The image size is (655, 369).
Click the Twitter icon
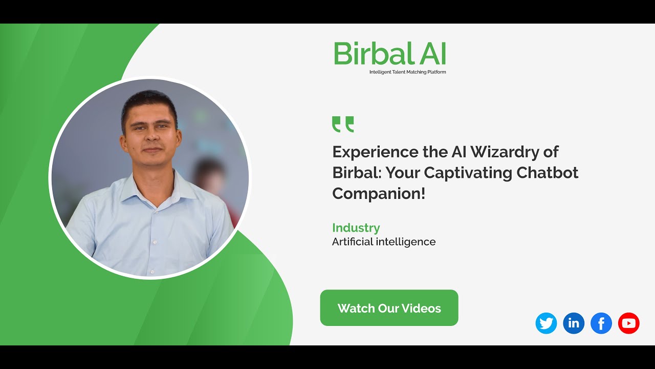pyautogui.click(x=546, y=323)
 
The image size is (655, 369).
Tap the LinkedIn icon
pyautogui.click(x=574, y=323)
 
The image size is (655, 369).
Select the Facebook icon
pyautogui.click(x=601, y=323)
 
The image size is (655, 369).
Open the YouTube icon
pyautogui.click(x=629, y=323)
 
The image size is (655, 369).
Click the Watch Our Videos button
pyautogui.click(x=389, y=308)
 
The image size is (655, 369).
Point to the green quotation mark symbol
pyautogui.click(x=343, y=124)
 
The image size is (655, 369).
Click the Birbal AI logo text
pyautogui.click(x=390, y=53)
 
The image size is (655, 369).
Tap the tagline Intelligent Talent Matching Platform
pyautogui.click(x=407, y=72)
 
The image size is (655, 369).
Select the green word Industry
pyautogui.click(x=356, y=228)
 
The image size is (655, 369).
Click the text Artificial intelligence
pyautogui.click(x=384, y=242)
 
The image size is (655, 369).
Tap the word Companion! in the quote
pyautogui.click(x=379, y=194)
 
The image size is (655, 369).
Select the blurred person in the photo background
pyautogui.click(x=210, y=179)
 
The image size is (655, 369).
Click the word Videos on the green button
pyautogui.click(x=421, y=309)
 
